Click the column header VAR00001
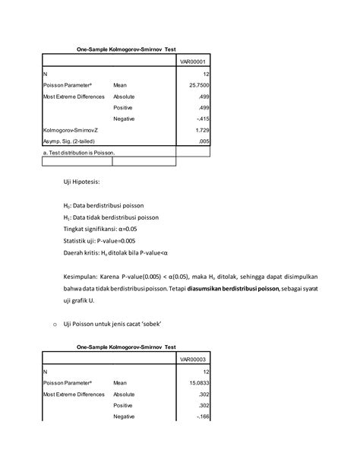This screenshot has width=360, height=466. [192, 61]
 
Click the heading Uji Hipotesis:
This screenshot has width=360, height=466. [87, 182]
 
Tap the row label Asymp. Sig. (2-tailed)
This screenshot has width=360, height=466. [72, 141]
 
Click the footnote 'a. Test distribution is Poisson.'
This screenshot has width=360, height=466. [78, 152]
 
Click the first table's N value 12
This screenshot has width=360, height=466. [204, 73]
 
